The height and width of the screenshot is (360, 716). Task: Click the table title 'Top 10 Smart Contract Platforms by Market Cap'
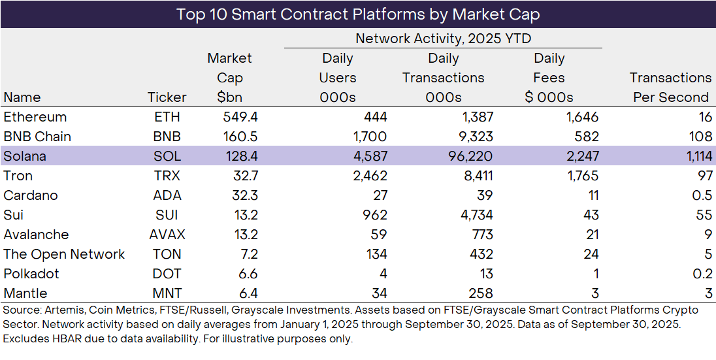tap(358, 14)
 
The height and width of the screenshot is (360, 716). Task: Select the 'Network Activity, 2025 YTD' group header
tap(443, 39)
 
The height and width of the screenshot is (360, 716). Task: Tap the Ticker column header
tap(167, 97)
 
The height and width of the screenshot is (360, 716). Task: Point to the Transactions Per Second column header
tap(670, 88)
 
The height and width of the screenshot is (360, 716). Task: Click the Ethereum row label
tap(35, 117)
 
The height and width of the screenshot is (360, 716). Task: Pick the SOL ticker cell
tap(167, 156)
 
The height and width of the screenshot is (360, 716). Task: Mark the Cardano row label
tap(31, 195)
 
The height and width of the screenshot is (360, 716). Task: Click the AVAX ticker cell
tap(167, 235)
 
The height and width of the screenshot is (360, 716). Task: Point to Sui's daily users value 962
tap(374, 215)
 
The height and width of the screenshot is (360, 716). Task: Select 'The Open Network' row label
tap(64, 254)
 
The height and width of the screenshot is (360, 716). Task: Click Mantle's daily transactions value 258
tap(480, 293)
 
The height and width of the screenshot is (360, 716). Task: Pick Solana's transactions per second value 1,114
tap(694, 156)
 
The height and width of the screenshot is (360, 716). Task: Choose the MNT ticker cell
tap(167, 293)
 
